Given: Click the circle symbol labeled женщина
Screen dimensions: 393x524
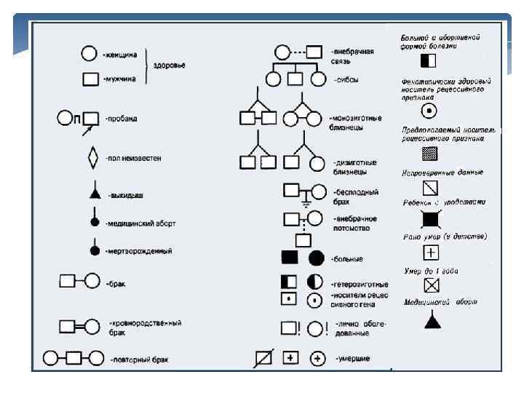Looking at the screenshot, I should click(x=88, y=53).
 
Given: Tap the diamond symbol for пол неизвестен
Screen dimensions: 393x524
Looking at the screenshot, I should click(x=92, y=156).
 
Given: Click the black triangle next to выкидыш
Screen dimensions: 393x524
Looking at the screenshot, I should click(x=94, y=194).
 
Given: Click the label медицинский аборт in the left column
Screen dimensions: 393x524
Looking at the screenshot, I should click(x=141, y=223).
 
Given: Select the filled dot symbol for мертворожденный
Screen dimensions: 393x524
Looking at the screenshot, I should click(x=94, y=250).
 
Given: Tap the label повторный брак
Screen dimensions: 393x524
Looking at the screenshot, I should click(x=136, y=359).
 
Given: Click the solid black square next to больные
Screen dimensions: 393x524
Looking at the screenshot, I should click(x=290, y=258).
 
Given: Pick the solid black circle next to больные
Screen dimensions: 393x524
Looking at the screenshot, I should click(x=316, y=258).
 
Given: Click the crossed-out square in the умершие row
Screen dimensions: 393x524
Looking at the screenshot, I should click(x=263, y=359).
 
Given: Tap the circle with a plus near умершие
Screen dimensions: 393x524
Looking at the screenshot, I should click(x=317, y=358).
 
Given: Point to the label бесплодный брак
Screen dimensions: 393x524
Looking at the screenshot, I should click(x=354, y=196).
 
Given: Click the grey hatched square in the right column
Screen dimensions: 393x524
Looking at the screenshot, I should click(x=430, y=154).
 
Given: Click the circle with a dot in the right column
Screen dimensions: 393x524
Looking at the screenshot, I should click(x=430, y=111).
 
